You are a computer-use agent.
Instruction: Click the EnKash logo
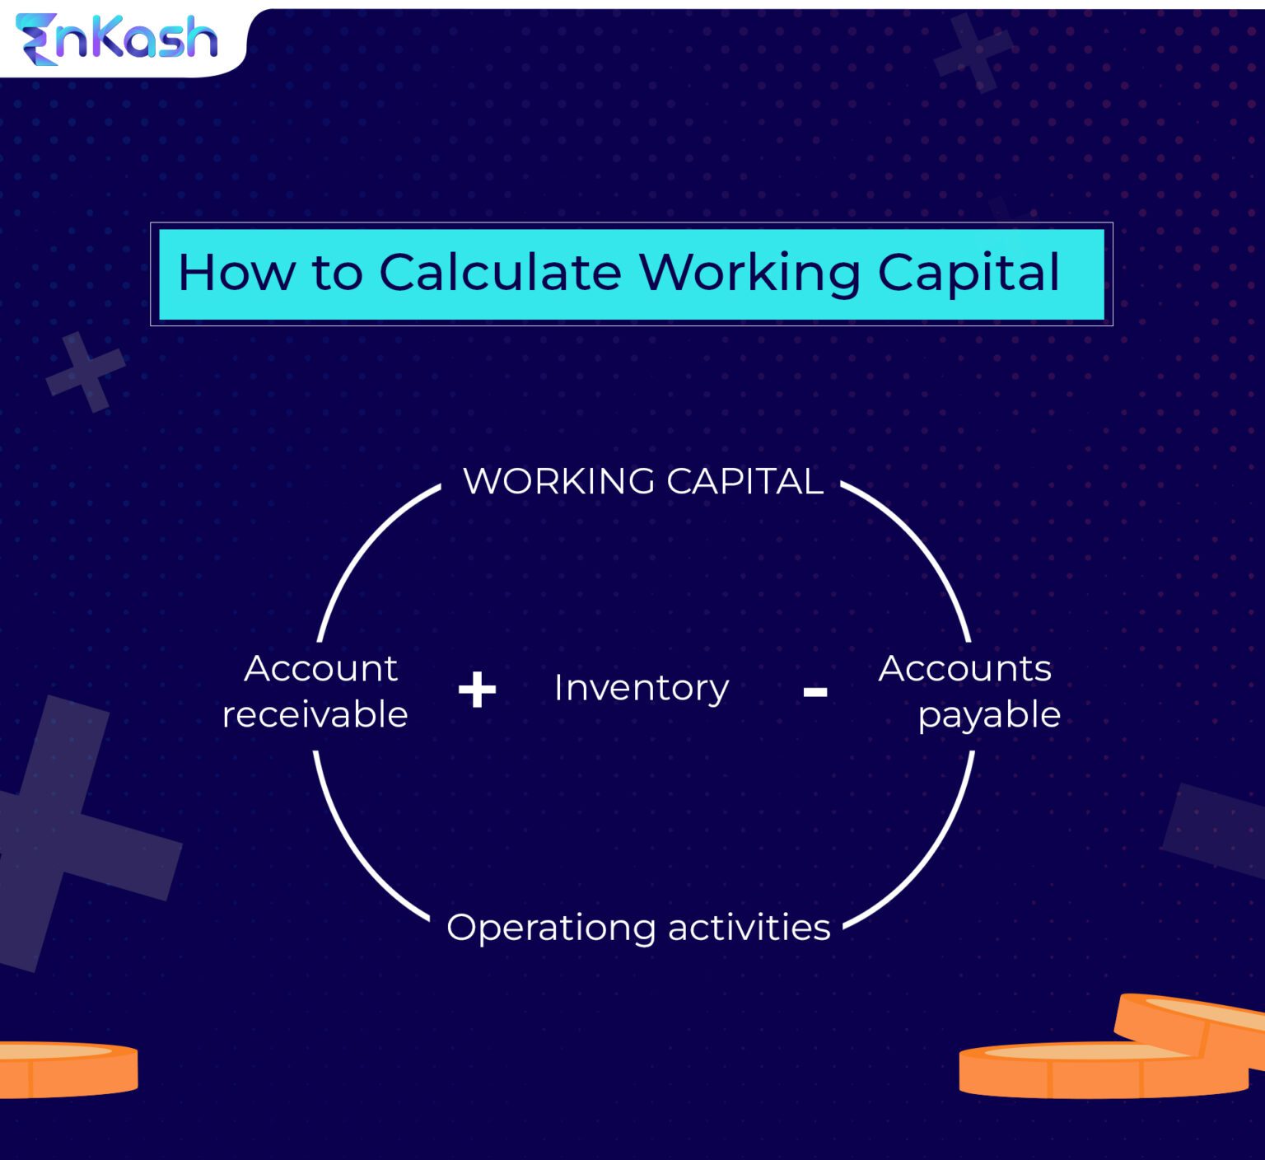[117, 39]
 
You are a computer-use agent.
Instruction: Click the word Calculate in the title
[500, 272]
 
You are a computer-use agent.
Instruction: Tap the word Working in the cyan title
[749, 274]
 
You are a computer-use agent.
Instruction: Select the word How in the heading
[236, 272]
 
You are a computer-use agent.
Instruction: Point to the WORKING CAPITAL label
[642, 481]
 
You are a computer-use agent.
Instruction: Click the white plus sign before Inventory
[477, 690]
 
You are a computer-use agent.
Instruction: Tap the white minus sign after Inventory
[815, 692]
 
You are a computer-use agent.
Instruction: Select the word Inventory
[641, 688]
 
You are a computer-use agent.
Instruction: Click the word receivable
[315, 714]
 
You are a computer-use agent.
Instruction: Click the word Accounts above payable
[964, 668]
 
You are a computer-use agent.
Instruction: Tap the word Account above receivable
[320, 668]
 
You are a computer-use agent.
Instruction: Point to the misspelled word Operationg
[551, 928]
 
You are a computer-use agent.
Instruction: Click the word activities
[749, 927]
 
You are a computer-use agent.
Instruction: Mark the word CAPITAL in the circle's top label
[745, 481]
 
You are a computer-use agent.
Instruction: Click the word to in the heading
[336, 272]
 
